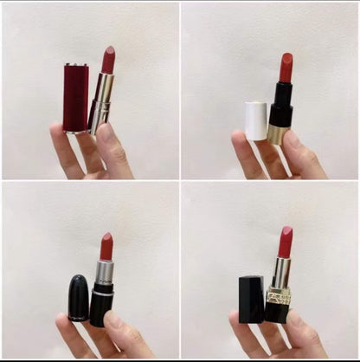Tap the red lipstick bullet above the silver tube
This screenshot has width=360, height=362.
108,61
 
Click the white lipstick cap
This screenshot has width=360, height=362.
256,120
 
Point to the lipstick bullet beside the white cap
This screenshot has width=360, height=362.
286,68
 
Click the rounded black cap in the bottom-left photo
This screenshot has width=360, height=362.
79,297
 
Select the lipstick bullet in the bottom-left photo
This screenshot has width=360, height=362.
106,247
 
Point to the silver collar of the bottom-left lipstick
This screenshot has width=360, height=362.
105,274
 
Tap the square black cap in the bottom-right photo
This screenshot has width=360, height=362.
251,300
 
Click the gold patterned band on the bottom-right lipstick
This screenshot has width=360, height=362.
280,295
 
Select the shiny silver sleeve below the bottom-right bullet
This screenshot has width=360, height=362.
282,271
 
